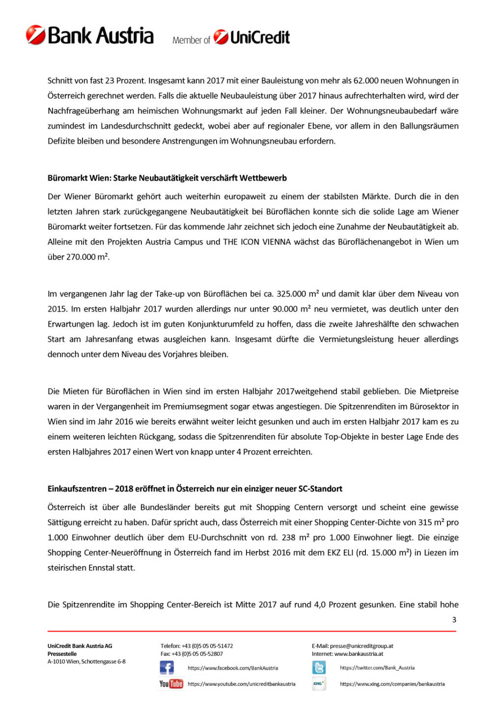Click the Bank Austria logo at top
pos(90,35)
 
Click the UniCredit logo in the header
pos(252,37)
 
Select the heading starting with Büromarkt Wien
pos(167,178)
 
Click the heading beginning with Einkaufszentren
pos(194,489)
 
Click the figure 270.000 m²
pos(88,257)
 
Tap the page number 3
pos(454,620)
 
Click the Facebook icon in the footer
pos(167,668)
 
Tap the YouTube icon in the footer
pos(171,683)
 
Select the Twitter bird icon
pos(319,668)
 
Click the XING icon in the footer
pos(319,683)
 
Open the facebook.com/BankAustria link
pos(233,668)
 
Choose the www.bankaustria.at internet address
pos(359,653)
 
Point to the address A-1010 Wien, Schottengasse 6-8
pos(86,661)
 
